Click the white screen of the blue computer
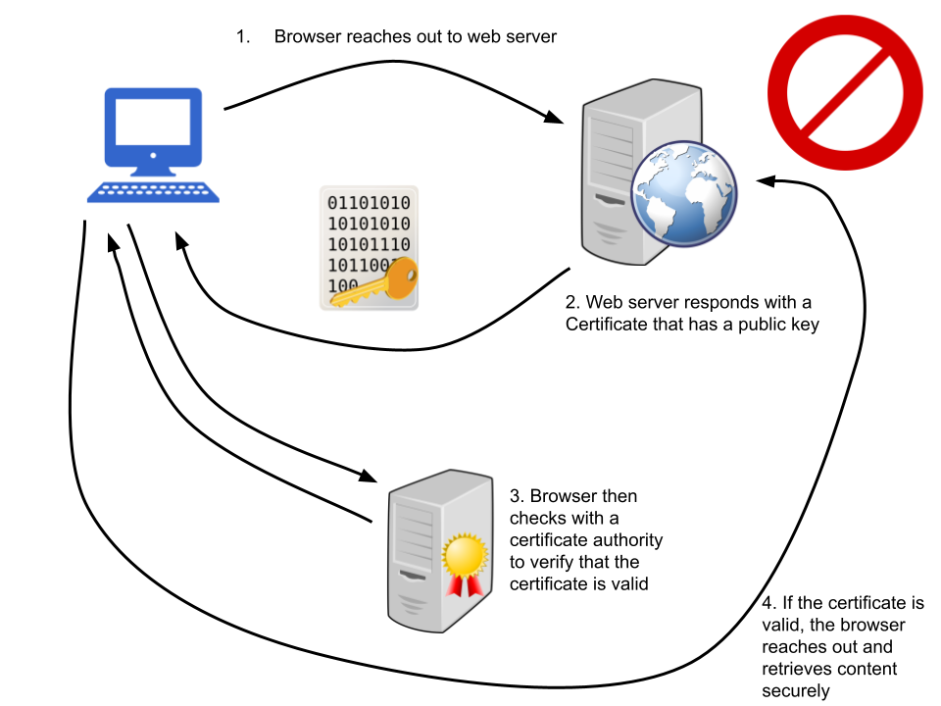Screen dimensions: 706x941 153,122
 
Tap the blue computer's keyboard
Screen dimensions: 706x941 153,192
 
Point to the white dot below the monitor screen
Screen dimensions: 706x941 153,155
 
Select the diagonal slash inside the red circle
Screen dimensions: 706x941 845,92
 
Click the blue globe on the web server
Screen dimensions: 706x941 684,193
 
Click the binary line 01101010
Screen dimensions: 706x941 369,203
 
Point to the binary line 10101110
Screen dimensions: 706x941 369,244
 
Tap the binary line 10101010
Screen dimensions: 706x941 369,224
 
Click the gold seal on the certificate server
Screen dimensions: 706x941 465,556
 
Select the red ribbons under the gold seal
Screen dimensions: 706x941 465,585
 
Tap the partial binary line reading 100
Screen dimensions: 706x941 342,285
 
